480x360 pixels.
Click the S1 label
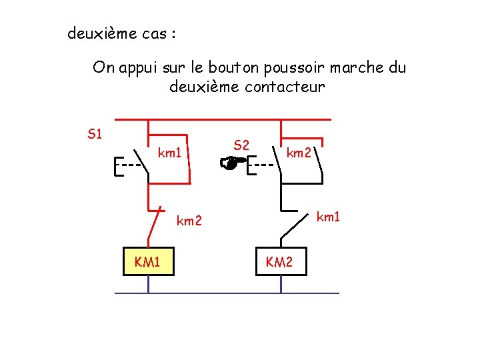pyautogui.click(x=95, y=134)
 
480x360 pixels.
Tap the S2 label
pyautogui.click(x=241, y=145)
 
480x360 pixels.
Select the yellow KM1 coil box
pyautogui.click(x=147, y=261)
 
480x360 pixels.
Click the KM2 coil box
pyautogui.click(x=279, y=262)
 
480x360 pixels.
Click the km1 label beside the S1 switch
pyautogui.click(x=169, y=153)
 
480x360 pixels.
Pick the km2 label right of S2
pyautogui.click(x=298, y=153)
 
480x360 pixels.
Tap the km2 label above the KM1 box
pyautogui.click(x=189, y=221)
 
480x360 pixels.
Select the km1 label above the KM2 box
pyautogui.click(x=328, y=217)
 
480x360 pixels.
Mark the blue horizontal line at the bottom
pyautogui.click(x=227, y=293)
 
